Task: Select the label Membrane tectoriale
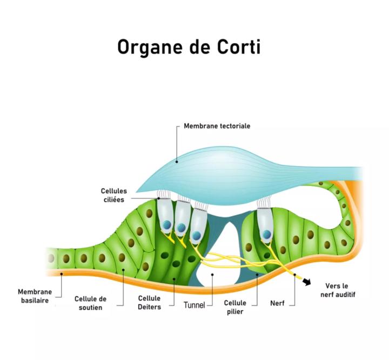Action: click(217, 126)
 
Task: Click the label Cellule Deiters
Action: click(149, 302)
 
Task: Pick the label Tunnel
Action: click(194, 305)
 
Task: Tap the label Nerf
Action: click(277, 303)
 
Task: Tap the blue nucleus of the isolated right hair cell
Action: click(266, 235)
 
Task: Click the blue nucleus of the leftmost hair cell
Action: click(167, 224)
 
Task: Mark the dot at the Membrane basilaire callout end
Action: click(62, 274)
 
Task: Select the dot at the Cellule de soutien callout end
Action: click(123, 269)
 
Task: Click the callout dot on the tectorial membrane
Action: click(177, 161)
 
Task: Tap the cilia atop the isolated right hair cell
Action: click(265, 203)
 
